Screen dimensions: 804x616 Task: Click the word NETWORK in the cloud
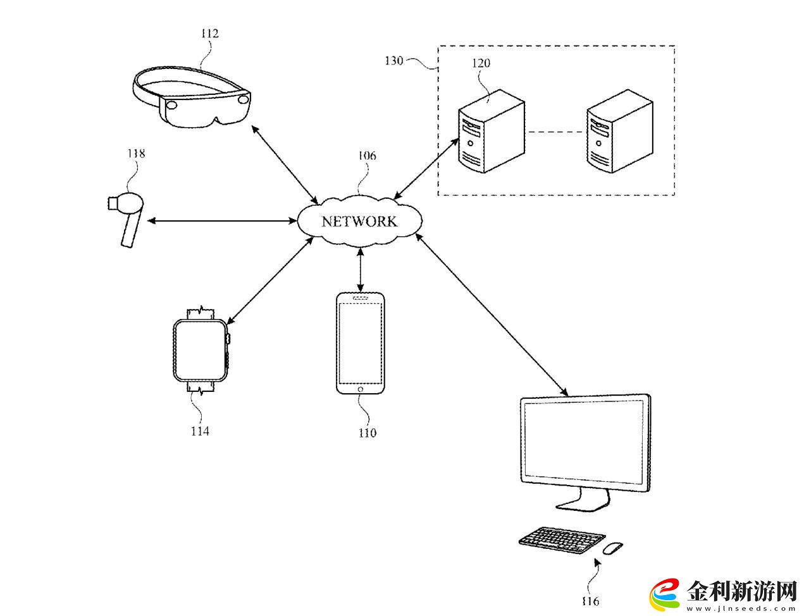[x=359, y=222]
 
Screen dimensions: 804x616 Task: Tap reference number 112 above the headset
[x=210, y=34]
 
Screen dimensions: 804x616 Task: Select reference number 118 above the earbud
[x=136, y=153]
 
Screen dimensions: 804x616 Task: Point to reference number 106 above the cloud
[x=367, y=156]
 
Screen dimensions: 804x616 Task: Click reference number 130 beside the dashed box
[x=393, y=60]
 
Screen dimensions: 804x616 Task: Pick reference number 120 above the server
[x=481, y=63]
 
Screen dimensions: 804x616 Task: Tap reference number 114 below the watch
[x=200, y=431]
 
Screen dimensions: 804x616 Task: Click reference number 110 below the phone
[x=368, y=433]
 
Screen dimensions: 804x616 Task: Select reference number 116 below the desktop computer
[x=590, y=601]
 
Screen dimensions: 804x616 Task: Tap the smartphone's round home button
[x=361, y=389]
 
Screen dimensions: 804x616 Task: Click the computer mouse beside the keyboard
[x=613, y=548]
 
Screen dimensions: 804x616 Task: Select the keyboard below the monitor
[x=562, y=540]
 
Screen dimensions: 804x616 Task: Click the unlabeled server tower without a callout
[x=620, y=131]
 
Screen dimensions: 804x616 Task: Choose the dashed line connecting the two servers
[x=556, y=132]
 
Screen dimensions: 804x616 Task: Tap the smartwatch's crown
[x=228, y=338]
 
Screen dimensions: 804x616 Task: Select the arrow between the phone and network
[x=361, y=270]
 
